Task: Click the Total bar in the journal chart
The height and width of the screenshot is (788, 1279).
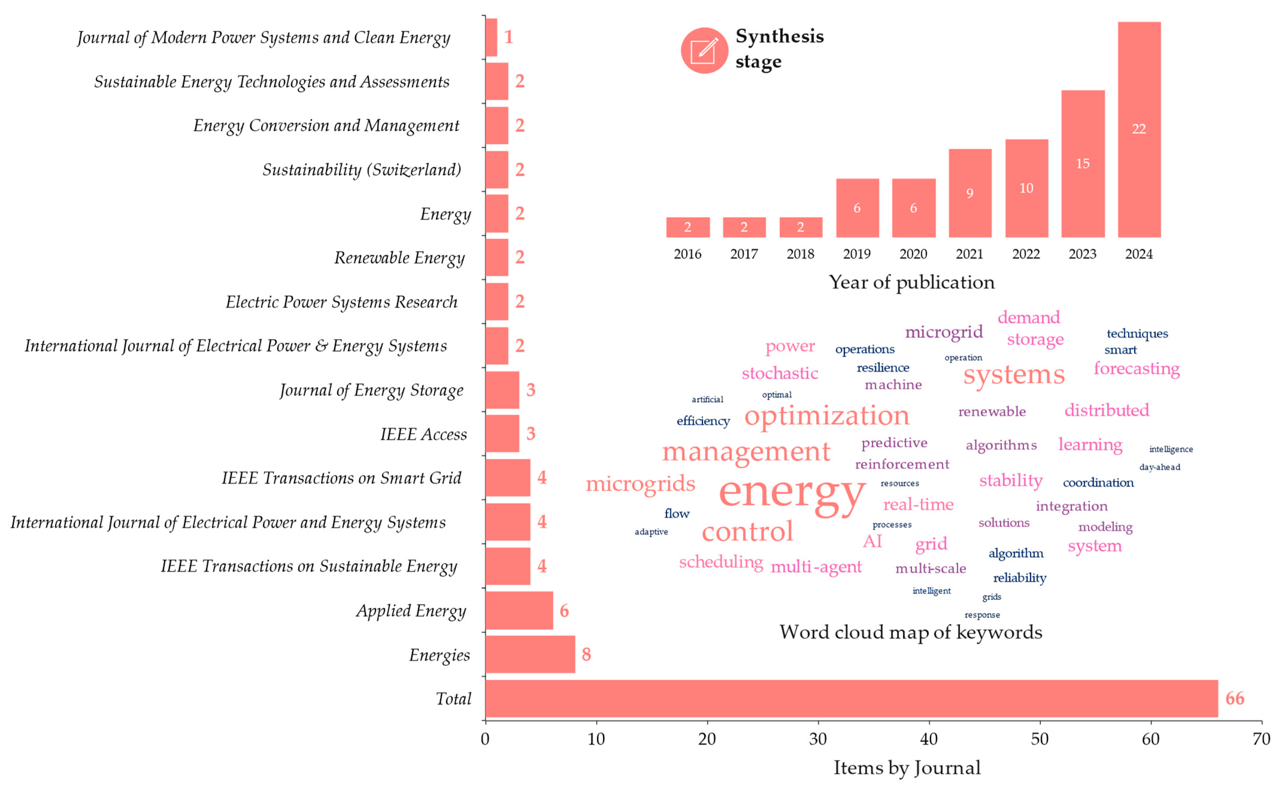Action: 851,698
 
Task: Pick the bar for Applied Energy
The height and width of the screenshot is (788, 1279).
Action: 519,610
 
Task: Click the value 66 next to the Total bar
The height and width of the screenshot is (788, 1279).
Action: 1234,698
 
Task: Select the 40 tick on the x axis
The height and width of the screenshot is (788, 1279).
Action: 929,739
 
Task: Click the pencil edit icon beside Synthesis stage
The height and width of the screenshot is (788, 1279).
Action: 704,51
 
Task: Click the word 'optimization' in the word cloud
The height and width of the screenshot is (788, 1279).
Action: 827,416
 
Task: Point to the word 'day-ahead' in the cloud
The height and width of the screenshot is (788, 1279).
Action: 1159,467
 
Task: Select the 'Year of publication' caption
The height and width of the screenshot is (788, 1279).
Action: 912,282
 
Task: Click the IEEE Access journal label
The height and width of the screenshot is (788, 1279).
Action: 423,434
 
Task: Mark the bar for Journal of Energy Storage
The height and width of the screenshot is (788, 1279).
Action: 502,390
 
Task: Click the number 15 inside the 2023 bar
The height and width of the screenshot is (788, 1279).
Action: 1083,164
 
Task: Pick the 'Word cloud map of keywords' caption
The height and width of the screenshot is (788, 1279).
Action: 910,632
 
